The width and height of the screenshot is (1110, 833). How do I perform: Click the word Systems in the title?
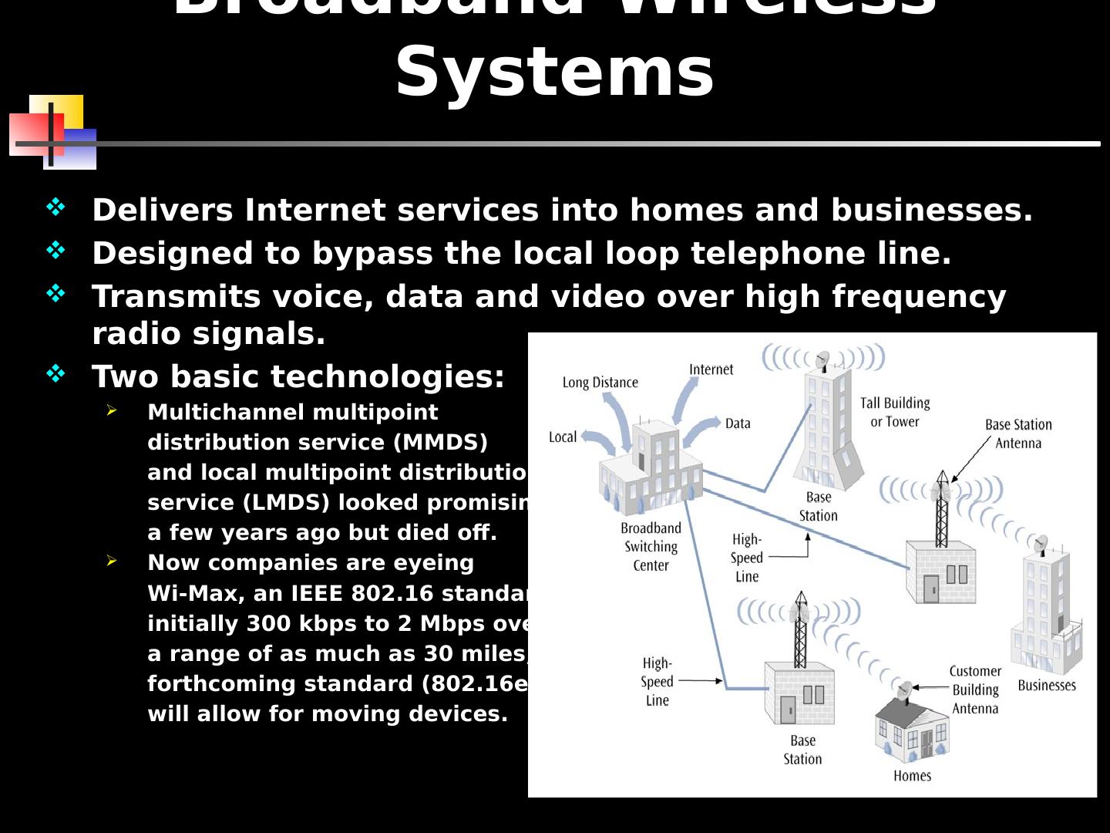tap(554, 72)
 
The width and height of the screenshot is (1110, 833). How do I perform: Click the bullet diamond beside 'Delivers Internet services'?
tap(55, 207)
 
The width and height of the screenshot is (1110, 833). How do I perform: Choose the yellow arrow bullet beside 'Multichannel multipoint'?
tap(112, 410)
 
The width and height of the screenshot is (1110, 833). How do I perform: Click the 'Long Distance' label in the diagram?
tap(600, 383)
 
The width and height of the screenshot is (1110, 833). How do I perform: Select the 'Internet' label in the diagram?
tap(711, 369)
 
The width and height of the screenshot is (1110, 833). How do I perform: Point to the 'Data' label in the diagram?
tap(738, 423)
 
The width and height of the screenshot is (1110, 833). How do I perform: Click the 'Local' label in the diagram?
tap(563, 437)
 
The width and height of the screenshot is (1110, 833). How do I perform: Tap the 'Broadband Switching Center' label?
tap(651, 547)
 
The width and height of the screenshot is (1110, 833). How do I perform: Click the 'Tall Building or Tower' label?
tap(895, 412)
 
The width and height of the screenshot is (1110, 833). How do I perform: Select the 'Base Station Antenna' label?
tap(1018, 433)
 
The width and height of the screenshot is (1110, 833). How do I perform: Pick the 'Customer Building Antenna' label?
tap(975, 690)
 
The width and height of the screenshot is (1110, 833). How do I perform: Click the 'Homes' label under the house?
tap(912, 776)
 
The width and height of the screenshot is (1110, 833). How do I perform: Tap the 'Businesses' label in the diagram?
tap(1047, 685)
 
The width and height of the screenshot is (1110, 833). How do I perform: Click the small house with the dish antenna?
tap(912, 729)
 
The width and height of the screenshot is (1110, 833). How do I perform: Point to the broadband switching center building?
tap(651, 470)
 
